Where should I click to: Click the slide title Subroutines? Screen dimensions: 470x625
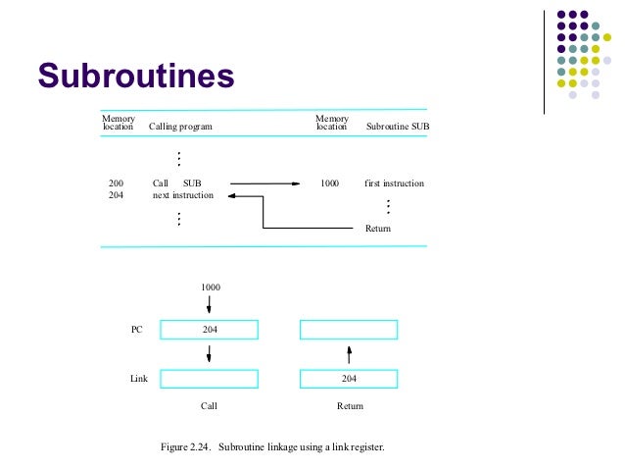[136, 76]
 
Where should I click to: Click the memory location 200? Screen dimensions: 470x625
[117, 183]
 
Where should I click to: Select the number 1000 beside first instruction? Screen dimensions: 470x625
[330, 183]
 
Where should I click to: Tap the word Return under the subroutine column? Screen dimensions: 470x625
[377, 229]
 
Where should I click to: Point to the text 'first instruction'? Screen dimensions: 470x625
[394, 183]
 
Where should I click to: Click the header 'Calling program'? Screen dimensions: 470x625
[180, 128]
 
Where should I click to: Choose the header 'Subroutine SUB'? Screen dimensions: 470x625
[397, 128]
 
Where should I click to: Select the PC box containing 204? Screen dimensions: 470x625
[209, 330]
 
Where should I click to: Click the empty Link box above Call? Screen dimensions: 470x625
[209, 378]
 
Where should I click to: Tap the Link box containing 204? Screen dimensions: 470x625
[349, 378]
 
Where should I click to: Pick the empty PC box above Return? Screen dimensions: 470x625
[349, 330]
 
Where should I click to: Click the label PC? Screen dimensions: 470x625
[137, 330]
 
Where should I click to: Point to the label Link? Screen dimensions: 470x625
[138, 378]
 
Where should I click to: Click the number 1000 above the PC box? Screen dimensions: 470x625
[210, 287]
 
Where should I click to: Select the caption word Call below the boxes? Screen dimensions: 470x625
[209, 404]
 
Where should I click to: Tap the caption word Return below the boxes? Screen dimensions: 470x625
[350, 404]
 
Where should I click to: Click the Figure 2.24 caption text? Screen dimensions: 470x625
[272, 447]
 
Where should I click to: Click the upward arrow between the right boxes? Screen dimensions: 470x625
[349, 353]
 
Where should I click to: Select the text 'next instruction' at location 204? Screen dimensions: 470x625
[183, 195]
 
